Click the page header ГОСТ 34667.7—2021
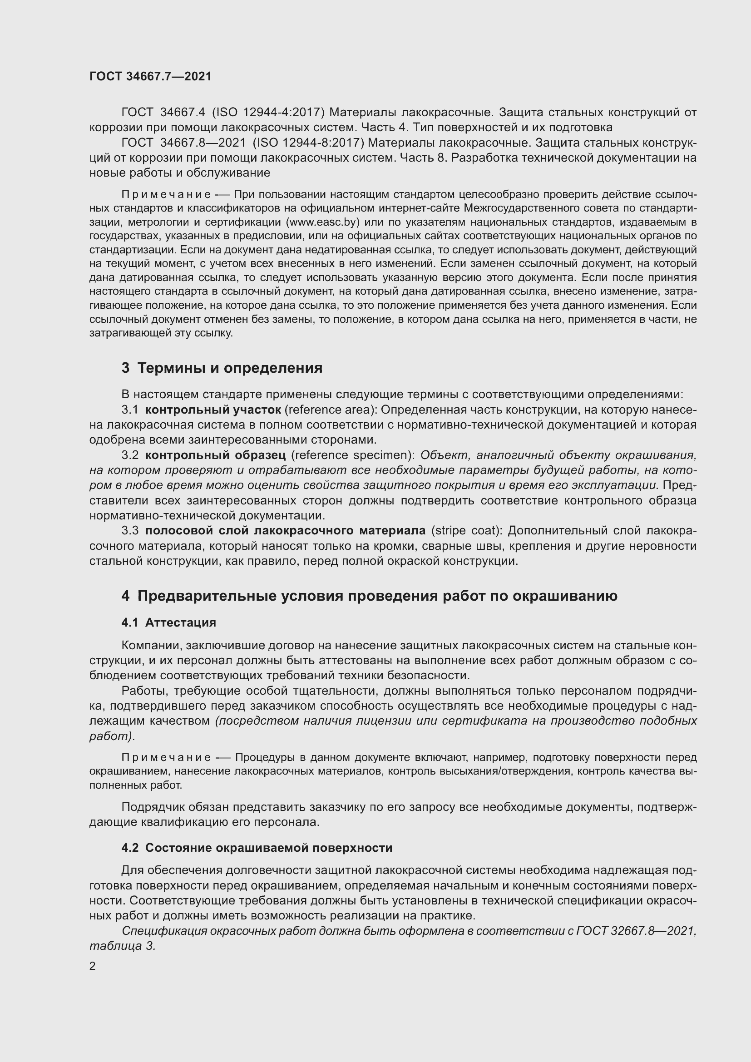(x=150, y=76)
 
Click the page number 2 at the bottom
(x=93, y=966)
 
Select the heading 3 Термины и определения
(x=222, y=368)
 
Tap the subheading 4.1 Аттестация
(x=169, y=622)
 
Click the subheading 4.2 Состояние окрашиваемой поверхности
(x=257, y=848)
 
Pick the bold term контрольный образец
(x=216, y=455)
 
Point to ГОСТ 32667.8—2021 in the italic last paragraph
(x=635, y=931)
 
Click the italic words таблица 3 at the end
(x=122, y=946)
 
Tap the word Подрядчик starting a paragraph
(x=152, y=807)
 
